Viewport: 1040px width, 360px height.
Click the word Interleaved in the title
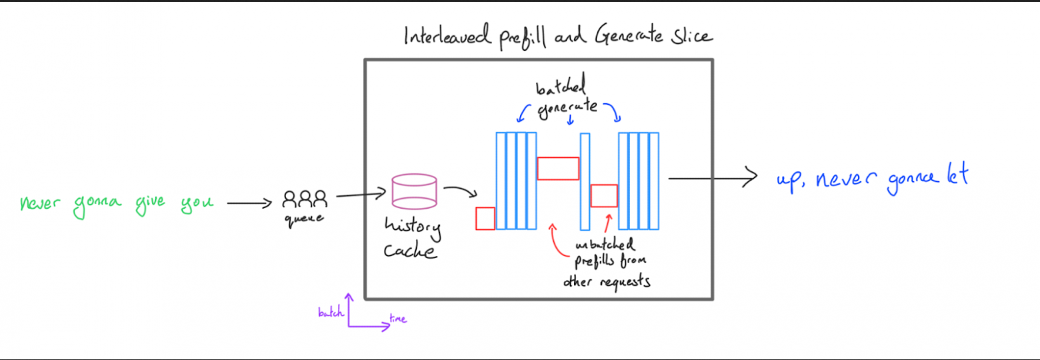pos(447,35)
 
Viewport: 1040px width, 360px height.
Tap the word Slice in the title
pos(691,35)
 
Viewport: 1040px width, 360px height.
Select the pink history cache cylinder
pos(414,191)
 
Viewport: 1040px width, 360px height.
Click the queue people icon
pos(305,199)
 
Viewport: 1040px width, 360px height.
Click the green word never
pos(40,203)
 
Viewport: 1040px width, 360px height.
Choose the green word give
pos(150,205)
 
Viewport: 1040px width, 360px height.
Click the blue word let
pos(958,174)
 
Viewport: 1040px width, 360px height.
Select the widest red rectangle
pos(558,168)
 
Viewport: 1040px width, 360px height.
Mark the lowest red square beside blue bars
pos(485,218)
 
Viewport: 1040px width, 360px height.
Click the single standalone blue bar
pos(585,181)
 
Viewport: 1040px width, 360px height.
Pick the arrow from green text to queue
pos(249,203)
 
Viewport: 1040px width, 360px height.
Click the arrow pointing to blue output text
pos(713,177)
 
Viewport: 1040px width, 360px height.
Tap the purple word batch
pos(331,312)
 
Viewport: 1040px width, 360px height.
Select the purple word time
pos(398,319)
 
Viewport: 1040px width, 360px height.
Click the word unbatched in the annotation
pos(605,245)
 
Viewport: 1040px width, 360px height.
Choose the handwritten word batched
pos(561,85)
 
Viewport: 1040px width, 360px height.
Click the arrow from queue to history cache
pos(361,194)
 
